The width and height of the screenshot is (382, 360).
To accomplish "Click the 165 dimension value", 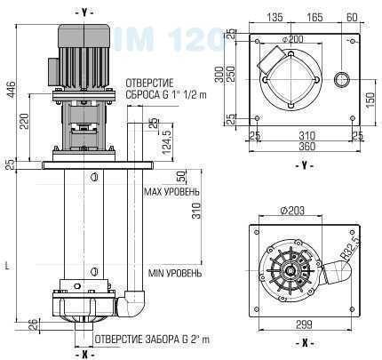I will (x=315, y=17).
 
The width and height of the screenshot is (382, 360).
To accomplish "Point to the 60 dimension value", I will (x=354, y=17).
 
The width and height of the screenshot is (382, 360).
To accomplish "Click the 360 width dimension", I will (x=306, y=146).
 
